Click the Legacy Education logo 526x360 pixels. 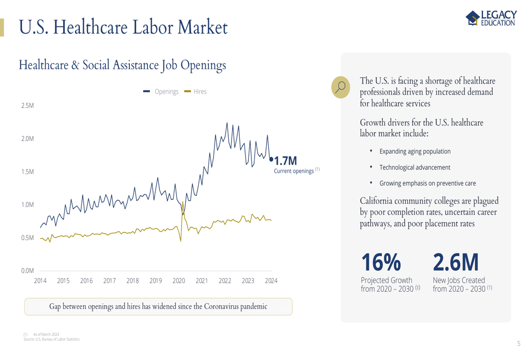491,18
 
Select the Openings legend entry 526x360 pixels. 160,91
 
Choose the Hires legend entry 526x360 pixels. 195,91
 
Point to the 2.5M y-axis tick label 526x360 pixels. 27,106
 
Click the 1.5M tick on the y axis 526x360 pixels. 27,172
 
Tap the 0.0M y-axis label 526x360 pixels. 27,271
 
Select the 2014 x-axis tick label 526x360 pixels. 41,281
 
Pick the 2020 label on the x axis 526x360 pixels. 179,281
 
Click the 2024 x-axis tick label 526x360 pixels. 271,281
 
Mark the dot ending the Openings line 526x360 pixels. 271,159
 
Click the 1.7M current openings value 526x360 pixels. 286,161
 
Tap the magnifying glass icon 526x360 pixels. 340,87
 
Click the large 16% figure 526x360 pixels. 381,262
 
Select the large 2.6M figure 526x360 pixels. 456,262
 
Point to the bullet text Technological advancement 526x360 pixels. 414,167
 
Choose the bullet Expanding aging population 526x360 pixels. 415,151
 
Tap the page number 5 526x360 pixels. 519,344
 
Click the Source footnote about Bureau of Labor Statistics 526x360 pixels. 52,339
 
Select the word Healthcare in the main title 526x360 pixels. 90,27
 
